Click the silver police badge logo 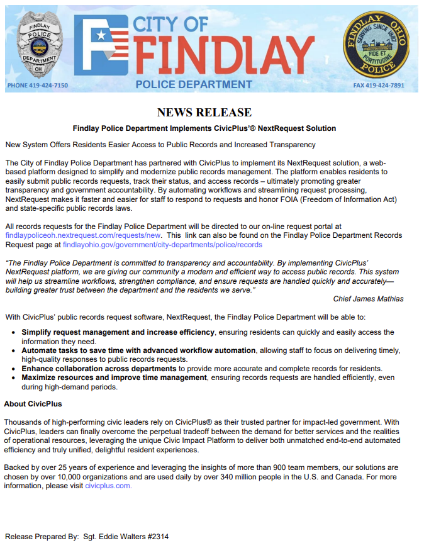(39, 45)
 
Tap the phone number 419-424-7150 (37, 85)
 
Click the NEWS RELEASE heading (204, 113)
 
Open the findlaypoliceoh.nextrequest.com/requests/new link (81, 235)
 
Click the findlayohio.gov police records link (162, 244)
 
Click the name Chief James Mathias (368, 299)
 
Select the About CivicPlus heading (33, 403)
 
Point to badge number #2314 (155, 537)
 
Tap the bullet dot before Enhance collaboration (14, 368)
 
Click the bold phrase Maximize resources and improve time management (114, 377)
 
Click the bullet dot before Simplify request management (14, 332)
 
